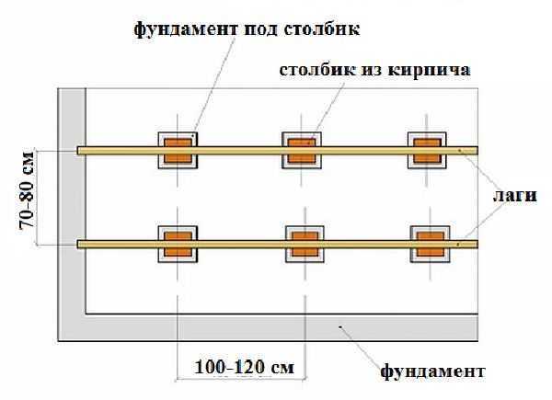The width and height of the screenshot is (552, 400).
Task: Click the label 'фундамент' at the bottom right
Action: (x=432, y=372)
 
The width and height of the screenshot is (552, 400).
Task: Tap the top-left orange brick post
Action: (x=178, y=149)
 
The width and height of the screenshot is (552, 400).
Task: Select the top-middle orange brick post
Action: (x=301, y=149)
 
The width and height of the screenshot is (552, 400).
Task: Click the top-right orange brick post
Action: (x=425, y=149)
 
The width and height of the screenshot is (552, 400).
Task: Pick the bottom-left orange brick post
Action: (x=178, y=244)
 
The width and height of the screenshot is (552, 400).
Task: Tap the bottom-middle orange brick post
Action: (x=301, y=244)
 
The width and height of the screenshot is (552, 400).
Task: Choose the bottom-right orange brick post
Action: (x=425, y=244)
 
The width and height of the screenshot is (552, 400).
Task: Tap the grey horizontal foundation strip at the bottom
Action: (x=276, y=327)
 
